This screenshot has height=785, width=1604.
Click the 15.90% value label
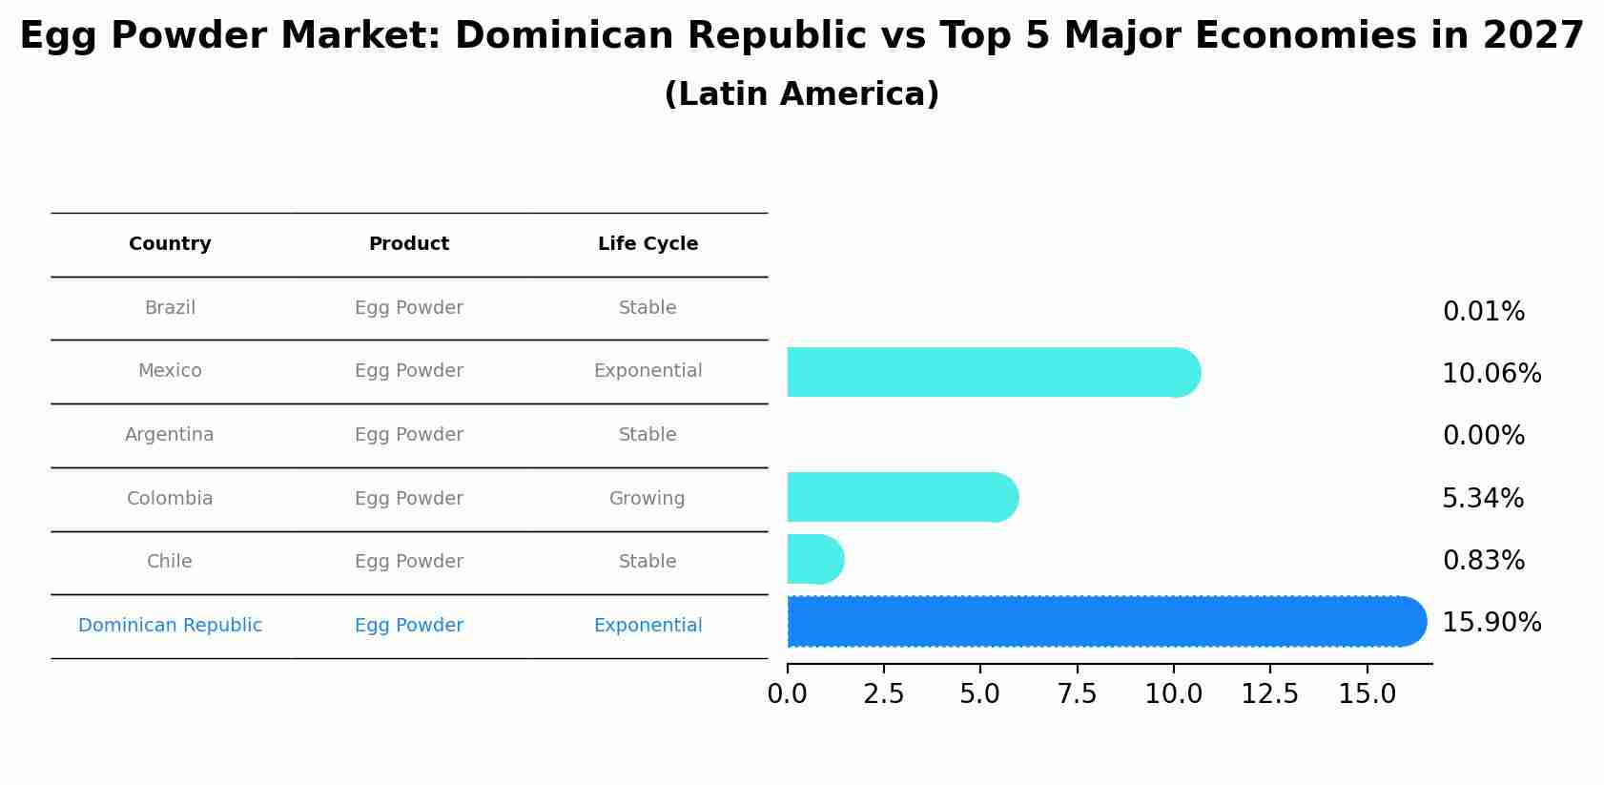pos(1491,623)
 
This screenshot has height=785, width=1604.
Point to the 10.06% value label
pos(1491,374)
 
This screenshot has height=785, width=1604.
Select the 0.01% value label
pos(1483,312)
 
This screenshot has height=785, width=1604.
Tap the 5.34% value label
pos(1482,499)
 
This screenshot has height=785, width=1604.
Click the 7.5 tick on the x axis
pos(1077,694)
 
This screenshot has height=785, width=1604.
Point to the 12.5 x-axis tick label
pos(1269,694)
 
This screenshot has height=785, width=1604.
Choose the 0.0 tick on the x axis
pos(787,694)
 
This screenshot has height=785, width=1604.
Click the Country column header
pos(170,244)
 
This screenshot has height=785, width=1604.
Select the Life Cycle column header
pos(648,244)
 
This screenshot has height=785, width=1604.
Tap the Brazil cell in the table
pos(170,308)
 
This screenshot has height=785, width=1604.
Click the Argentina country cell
pos(170,435)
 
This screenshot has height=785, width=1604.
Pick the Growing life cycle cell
pos(648,499)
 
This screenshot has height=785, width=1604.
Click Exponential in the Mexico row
pos(648,371)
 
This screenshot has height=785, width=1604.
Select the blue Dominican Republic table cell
pos(170,626)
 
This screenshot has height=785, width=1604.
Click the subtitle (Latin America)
pos(801,94)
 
